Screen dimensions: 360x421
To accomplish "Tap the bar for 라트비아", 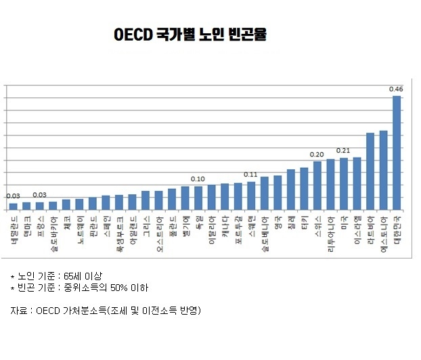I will [x=370, y=172].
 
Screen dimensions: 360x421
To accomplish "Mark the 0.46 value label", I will [x=397, y=89].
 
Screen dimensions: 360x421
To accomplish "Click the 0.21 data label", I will [x=343, y=151].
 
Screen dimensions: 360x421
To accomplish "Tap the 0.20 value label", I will [x=317, y=154].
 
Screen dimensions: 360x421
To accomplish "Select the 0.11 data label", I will [x=251, y=175].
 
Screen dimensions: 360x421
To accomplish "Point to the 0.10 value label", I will [x=198, y=179].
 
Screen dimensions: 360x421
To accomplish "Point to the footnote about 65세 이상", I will [x=57, y=276].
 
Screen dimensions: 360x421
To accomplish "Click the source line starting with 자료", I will [x=106, y=311].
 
